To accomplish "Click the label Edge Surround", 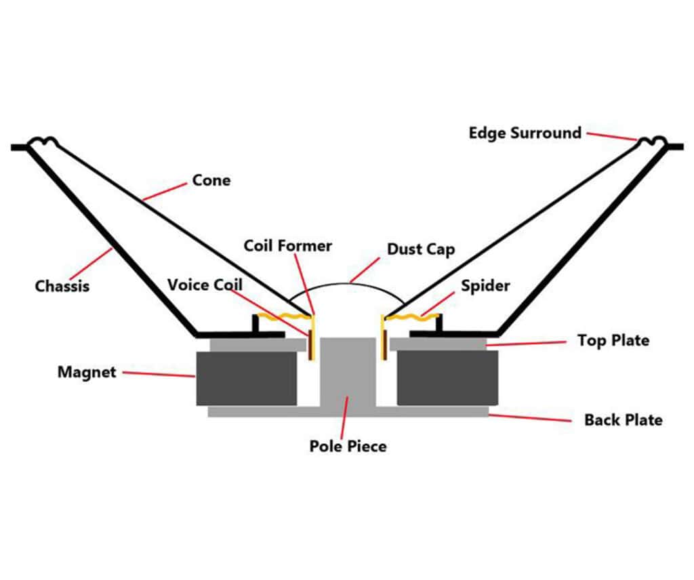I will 525,132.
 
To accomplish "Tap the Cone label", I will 211,180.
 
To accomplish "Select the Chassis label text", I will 62,286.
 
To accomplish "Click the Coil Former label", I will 288,245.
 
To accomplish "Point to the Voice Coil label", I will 205,284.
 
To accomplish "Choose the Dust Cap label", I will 420,249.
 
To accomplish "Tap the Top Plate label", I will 613,339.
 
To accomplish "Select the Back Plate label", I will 623,420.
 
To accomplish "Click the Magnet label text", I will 87,371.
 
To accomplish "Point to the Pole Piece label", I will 348,446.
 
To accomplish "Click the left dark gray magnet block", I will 247,378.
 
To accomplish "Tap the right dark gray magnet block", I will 447,378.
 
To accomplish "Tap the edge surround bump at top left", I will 42,142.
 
